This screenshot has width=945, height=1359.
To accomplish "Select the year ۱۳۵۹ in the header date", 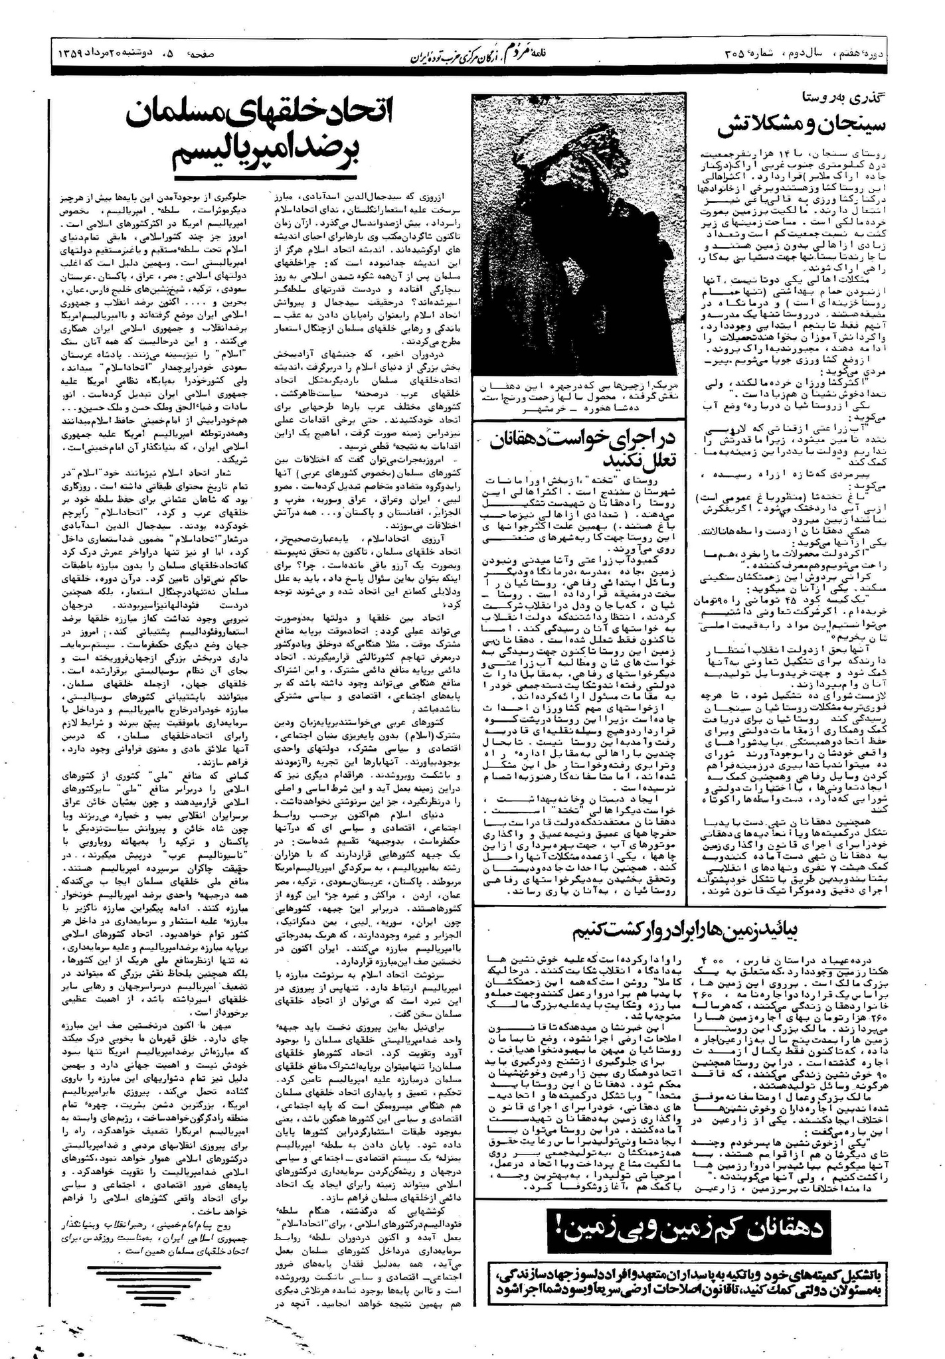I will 68,53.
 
